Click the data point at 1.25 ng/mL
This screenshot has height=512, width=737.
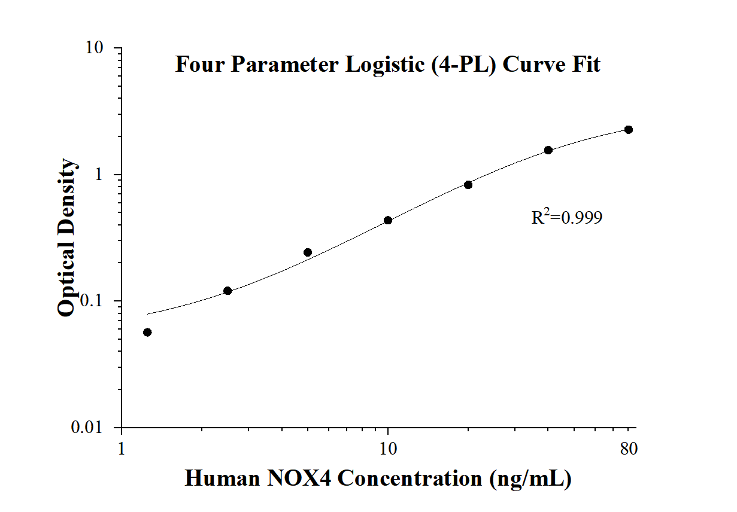click(x=147, y=333)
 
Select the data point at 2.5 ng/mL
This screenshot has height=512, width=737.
click(x=228, y=291)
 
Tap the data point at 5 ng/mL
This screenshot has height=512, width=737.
click(x=308, y=252)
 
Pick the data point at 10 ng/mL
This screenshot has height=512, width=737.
click(x=388, y=220)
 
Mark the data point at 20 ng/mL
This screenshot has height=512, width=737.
click(x=468, y=185)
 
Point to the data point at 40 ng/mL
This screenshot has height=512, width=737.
click(x=548, y=150)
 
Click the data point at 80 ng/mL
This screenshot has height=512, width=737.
click(x=629, y=130)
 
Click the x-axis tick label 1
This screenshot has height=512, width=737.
click(x=122, y=448)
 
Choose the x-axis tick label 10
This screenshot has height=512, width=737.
click(x=388, y=448)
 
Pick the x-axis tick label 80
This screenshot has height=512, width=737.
click(x=629, y=448)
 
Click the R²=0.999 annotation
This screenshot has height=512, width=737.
click(x=566, y=218)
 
